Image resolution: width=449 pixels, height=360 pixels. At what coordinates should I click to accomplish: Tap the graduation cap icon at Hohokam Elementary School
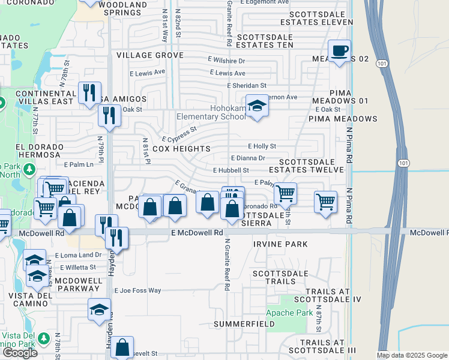(257, 107)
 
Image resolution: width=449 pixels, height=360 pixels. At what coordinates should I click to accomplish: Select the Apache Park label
(289, 313)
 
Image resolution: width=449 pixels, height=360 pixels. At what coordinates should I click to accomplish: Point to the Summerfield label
(240, 324)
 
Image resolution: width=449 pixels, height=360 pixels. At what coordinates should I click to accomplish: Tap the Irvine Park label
(280, 244)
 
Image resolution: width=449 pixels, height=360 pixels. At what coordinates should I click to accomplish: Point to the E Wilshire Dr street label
(226, 61)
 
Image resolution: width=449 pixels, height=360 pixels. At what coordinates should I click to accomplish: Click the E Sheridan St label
(246, 86)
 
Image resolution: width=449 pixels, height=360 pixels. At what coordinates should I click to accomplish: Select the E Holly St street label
(262, 146)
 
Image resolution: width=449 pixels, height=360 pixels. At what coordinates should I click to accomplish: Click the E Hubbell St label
(231, 170)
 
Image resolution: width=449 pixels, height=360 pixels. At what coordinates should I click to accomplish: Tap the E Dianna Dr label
(248, 158)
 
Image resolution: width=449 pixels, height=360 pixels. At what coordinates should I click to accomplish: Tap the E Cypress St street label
(178, 134)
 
